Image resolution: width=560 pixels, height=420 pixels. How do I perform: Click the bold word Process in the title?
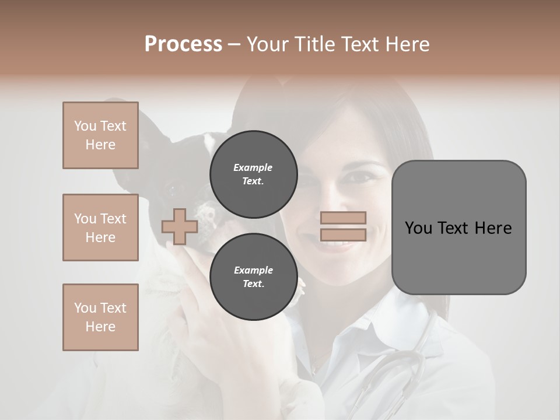183,44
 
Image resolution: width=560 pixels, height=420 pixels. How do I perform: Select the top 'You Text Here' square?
100,135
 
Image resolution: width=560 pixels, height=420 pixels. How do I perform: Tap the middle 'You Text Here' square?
100,228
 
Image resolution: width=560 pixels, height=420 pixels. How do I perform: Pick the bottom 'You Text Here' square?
100,317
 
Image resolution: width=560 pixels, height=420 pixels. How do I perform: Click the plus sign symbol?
180,226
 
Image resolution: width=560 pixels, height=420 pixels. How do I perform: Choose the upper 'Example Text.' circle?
253,174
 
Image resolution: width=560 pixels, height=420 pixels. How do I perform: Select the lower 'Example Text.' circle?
253,277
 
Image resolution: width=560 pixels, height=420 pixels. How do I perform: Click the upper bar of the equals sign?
343,218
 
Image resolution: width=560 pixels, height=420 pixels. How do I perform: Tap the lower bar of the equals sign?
343,235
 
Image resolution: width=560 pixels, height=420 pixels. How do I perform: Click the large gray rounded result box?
459,228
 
